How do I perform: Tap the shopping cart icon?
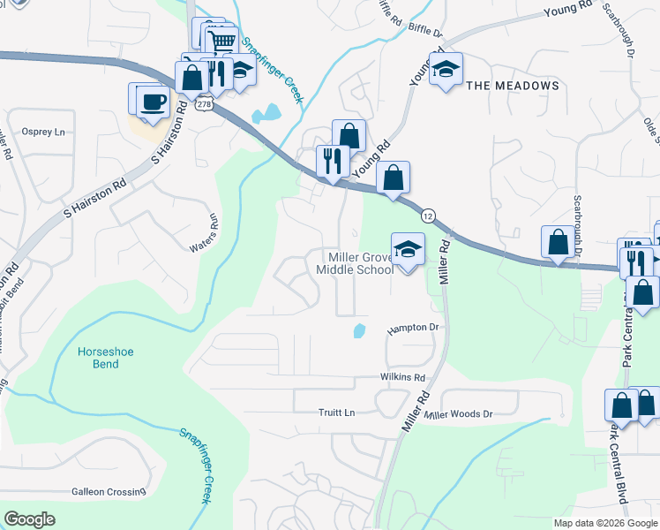(222, 41)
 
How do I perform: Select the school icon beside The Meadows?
(446, 70)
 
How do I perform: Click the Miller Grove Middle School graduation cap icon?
(407, 250)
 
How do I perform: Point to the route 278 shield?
(204, 104)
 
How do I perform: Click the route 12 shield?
(427, 216)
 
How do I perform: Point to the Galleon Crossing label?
(109, 491)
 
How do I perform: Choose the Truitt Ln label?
(336, 413)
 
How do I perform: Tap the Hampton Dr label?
(413, 328)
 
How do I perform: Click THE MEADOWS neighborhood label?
(512, 86)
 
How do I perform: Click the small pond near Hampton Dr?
(358, 331)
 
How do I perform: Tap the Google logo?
(30, 519)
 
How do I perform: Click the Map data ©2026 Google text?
(604, 523)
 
